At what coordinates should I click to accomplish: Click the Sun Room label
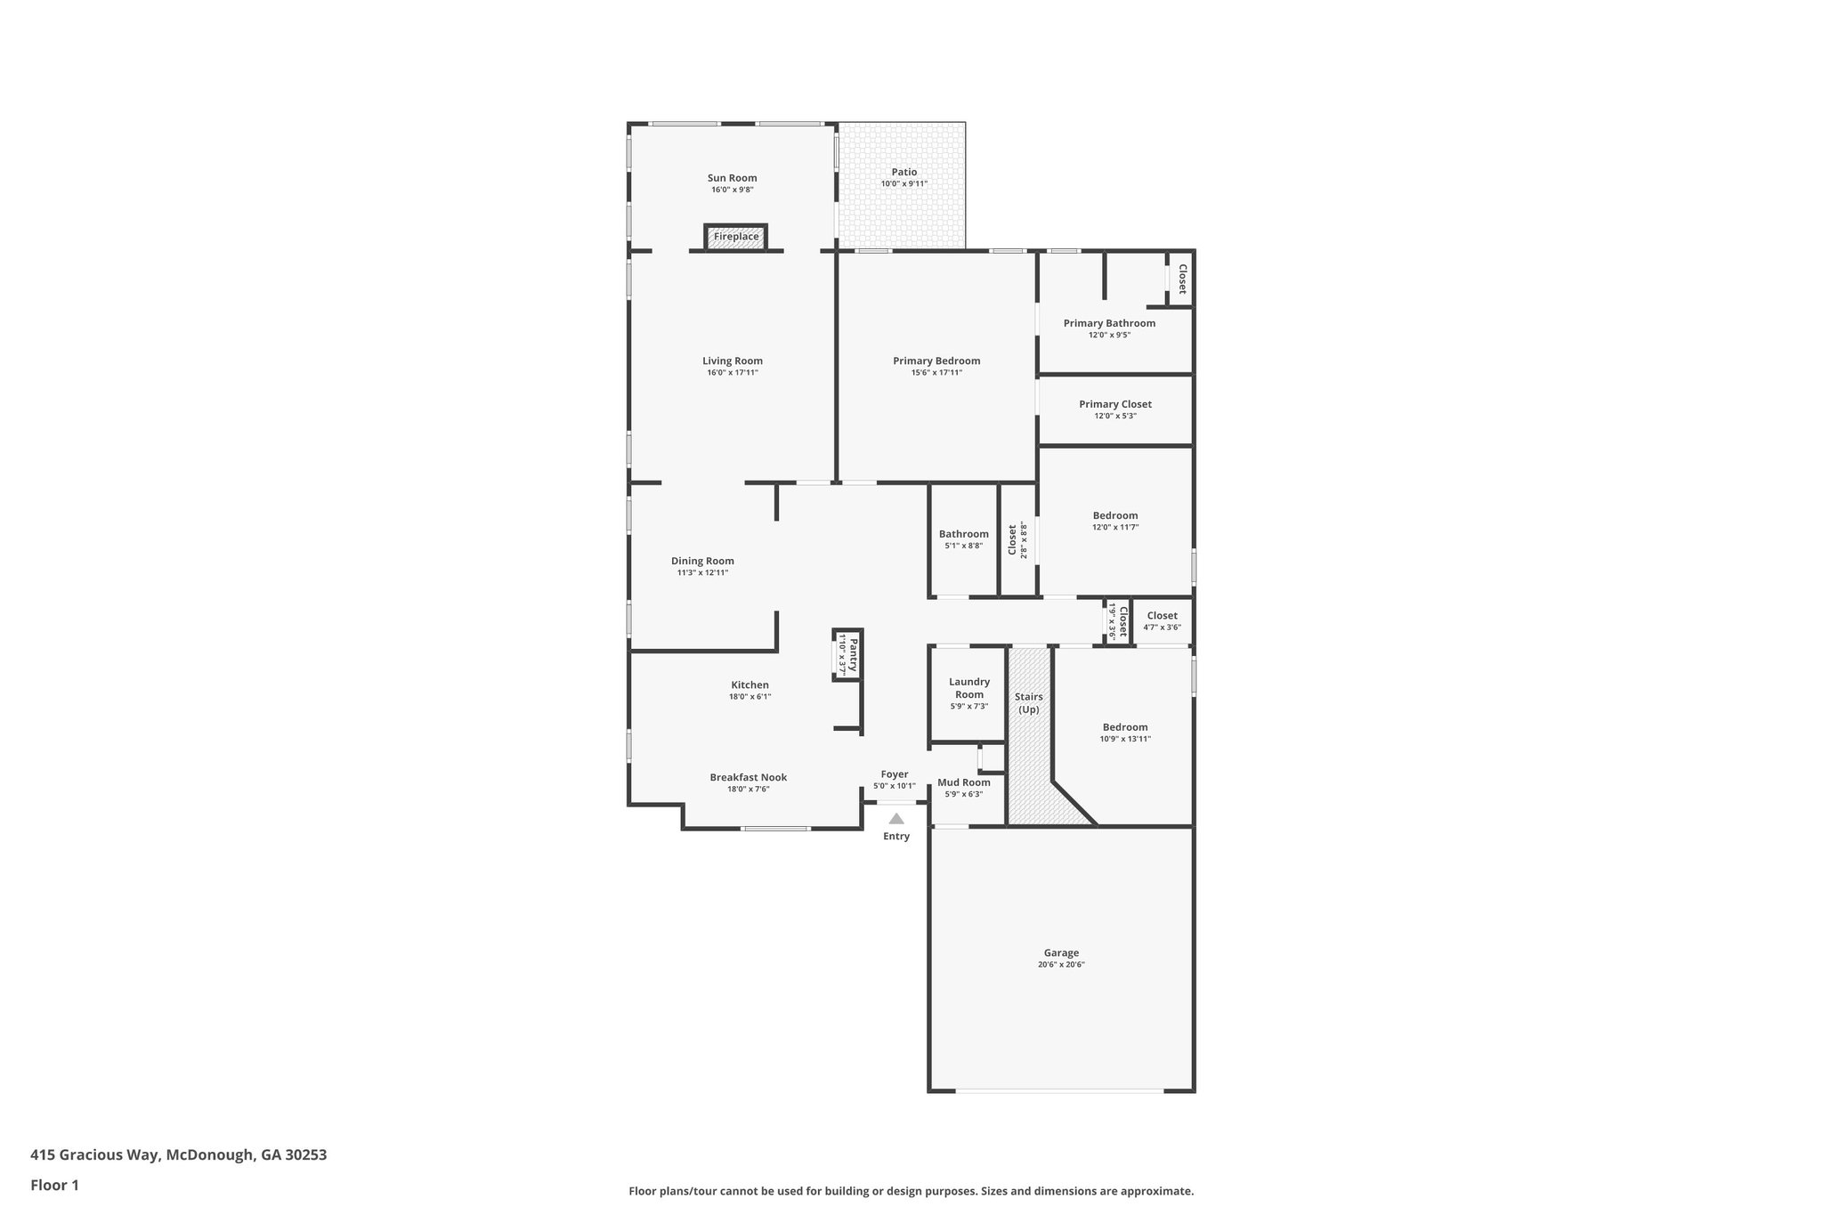732,178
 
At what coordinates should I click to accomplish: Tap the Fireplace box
736,237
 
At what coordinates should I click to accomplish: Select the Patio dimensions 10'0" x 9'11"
903,184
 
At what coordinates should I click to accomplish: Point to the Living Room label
732,361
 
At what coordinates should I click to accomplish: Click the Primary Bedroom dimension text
936,373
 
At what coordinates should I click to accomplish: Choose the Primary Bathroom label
1109,323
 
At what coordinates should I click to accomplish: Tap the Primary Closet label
1114,404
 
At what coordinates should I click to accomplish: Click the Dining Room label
702,561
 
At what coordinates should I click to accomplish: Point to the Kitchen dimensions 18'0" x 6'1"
749,697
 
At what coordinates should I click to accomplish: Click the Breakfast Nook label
748,777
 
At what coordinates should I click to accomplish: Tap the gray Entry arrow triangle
896,819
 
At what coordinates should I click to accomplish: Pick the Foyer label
895,774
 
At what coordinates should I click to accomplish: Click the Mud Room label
963,782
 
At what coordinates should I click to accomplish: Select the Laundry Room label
968,688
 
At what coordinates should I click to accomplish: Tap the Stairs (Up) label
1028,703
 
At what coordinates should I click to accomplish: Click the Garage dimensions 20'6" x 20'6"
1061,965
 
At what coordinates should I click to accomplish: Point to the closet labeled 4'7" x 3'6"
1162,620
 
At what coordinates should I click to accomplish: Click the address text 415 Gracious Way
178,1155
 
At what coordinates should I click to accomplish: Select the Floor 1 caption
54,1185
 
